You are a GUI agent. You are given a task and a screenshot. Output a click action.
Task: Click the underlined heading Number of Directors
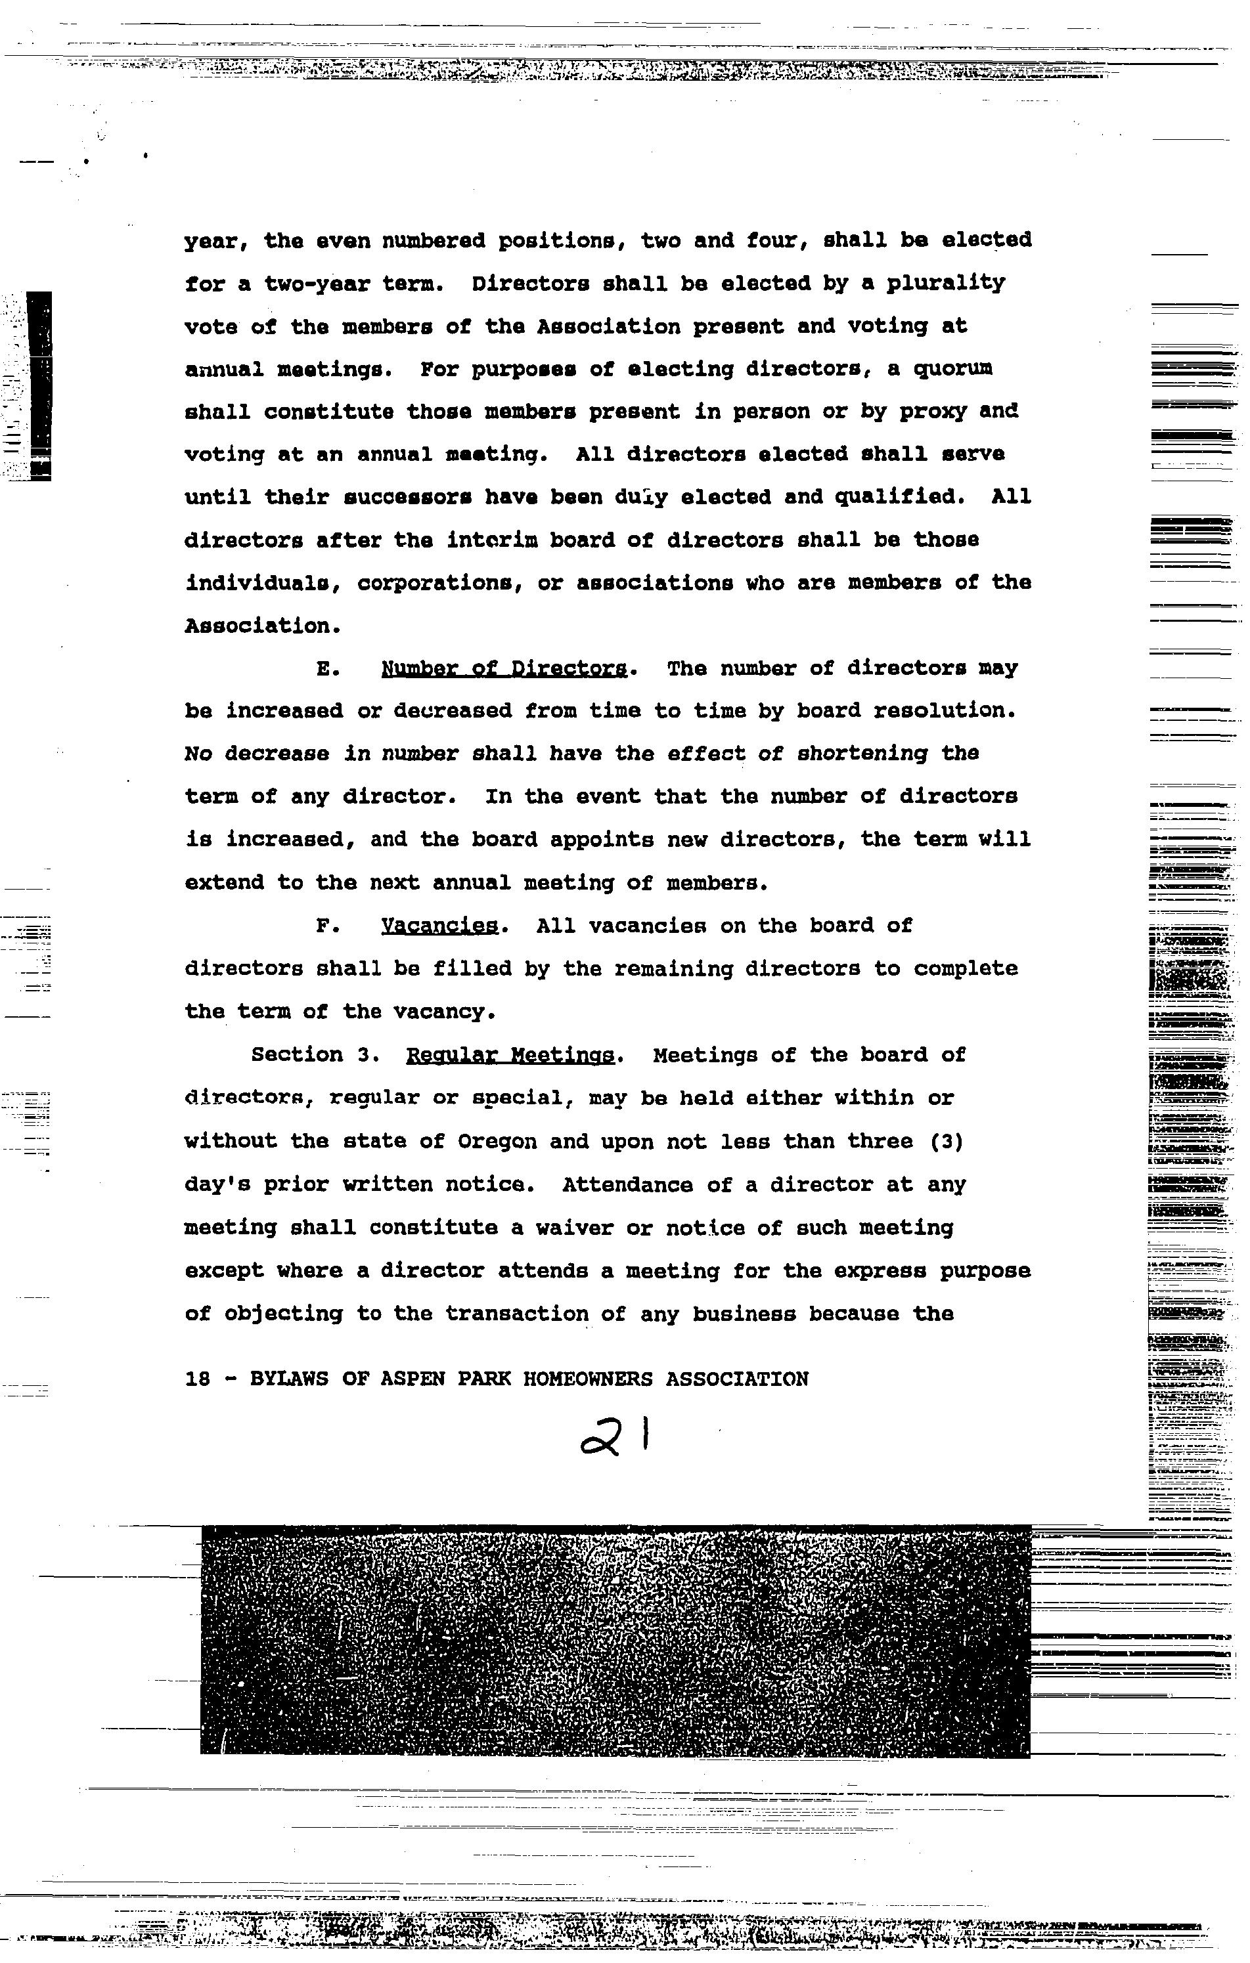504,668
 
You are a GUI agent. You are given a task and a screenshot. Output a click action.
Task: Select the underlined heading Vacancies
439,926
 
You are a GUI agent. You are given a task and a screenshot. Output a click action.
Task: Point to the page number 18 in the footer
197,1379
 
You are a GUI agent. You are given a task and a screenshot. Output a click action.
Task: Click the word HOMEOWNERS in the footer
587,1379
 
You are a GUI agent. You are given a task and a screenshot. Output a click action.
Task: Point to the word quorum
952,370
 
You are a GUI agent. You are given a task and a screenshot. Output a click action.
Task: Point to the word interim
480,540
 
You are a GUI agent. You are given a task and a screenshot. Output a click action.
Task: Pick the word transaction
517,1314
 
